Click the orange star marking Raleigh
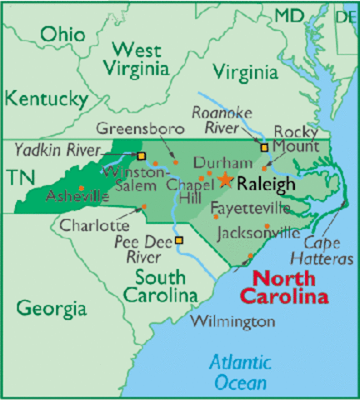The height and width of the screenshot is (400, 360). (x=226, y=179)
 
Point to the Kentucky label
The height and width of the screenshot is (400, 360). (x=47, y=99)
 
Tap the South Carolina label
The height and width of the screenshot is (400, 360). (x=161, y=286)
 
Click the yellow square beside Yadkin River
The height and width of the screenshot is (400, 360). (x=141, y=155)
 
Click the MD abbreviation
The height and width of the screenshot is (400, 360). (x=289, y=15)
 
